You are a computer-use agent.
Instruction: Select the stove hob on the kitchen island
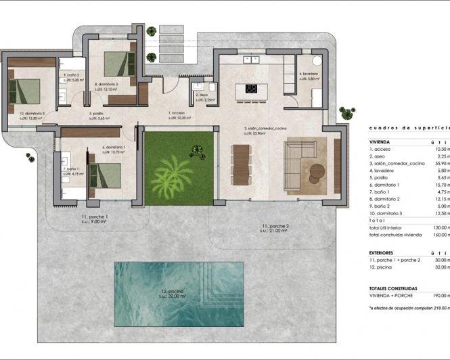click(251, 88)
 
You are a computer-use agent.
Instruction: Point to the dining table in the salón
click(242, 164)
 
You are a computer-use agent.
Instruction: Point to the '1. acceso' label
click(177, 113)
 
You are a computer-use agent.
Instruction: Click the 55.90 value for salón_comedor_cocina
click(440, 164)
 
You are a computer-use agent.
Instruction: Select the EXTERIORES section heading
click(384, 252)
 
